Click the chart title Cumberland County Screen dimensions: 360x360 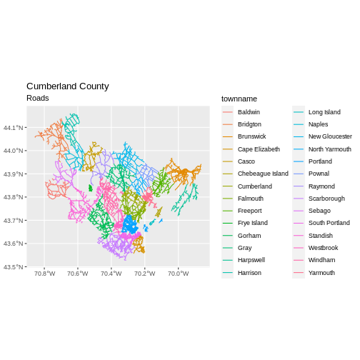tap(68, 86)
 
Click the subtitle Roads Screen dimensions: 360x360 tap(38, 98)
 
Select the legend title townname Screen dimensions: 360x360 tap(239, 99)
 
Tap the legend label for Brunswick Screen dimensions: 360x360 tap(251, 136)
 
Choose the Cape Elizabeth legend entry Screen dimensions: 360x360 tap(259, 149)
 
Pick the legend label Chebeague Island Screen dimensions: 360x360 tap(263, 174)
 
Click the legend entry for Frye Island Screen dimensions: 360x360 tap(253, 223)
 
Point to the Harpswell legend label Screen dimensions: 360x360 tap(251, 260)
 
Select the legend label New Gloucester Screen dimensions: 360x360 tap(330, 136)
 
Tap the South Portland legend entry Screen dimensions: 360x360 tap(329, 223)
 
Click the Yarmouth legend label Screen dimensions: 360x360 tap(321, 273)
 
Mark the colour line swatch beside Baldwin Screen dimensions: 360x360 tap(228, 112)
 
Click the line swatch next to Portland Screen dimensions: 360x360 tap(299, 161)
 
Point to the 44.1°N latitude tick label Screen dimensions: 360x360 tap(14, 128)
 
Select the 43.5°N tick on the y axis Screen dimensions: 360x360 tap(14, 267)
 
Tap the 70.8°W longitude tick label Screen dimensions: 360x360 tap(44, 274)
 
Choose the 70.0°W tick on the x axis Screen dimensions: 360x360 tap(178, 274)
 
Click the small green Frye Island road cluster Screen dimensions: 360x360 tap(90, 188)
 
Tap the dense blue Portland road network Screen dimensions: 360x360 tap(129, 224)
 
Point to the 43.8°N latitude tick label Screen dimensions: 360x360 tap(14, 197)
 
